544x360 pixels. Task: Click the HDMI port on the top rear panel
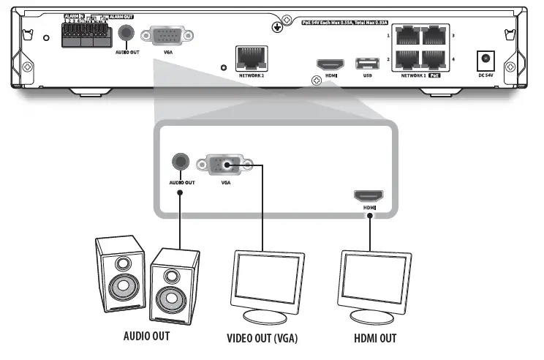(x=326, y=64)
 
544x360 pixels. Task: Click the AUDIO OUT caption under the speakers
(x=146, y=337)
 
